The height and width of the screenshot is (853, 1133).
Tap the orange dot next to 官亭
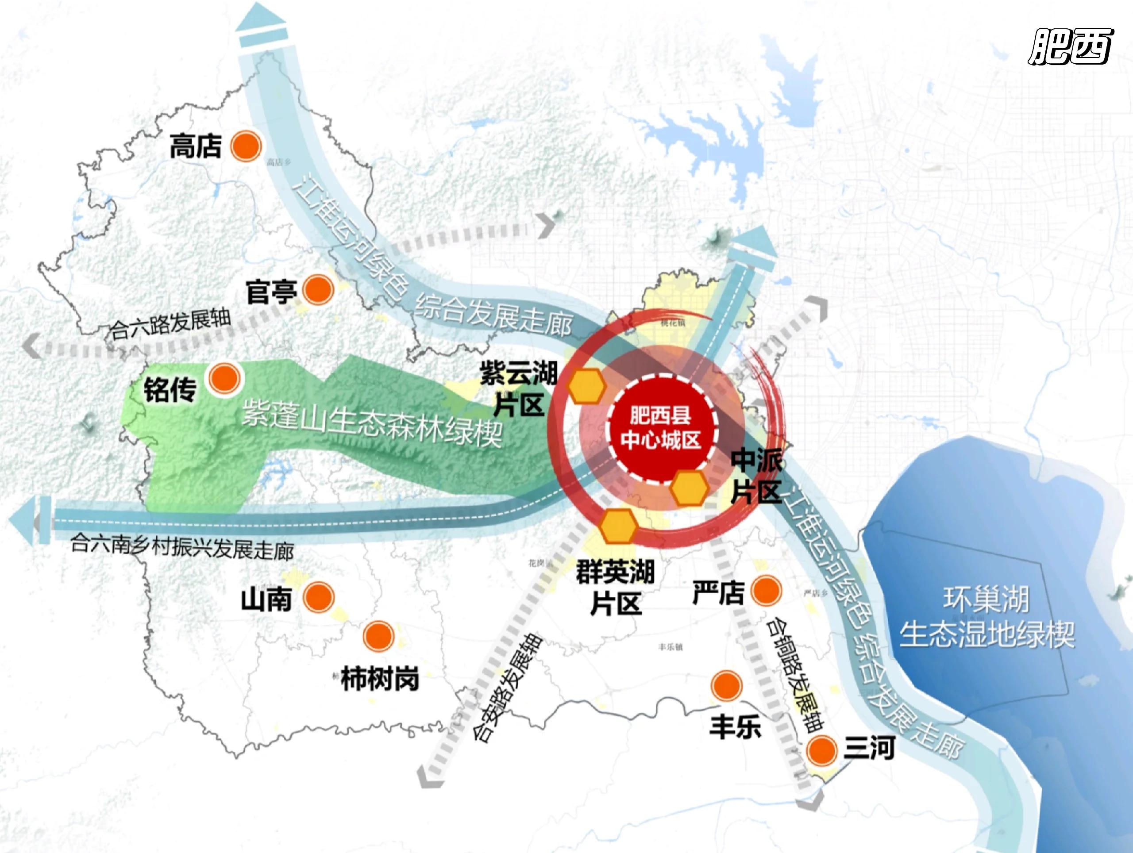click(318, 289)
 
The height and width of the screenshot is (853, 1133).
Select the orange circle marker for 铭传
click(224, 379)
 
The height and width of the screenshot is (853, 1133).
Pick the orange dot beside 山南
click(318, 597)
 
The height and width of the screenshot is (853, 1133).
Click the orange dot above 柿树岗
click(378, 636)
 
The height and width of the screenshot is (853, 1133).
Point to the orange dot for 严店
click(766, 590)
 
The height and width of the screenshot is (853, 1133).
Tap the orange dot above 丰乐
click(726, 686)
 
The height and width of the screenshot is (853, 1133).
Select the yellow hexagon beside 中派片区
click(690, 488)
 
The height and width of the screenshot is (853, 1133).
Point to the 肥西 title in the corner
click(1070, 46)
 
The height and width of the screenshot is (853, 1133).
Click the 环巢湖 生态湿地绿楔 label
click(987, 617)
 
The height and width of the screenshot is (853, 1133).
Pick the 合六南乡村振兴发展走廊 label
click(182, 547)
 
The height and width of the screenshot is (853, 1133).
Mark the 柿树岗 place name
click(380, 679)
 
